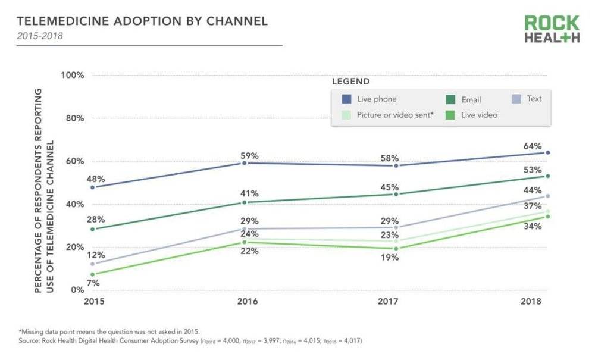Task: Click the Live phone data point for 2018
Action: pos(547,153)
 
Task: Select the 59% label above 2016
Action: pos(250,156)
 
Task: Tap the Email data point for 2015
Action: pos(92,229)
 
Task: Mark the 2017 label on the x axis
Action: pos(388,302)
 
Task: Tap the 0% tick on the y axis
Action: pos(77,290)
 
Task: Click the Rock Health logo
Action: pos(552,29)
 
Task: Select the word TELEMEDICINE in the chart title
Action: pos(63,21)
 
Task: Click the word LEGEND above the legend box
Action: pos(350,82)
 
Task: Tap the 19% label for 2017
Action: pos(390,258)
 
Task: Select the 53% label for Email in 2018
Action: pos(533,171)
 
